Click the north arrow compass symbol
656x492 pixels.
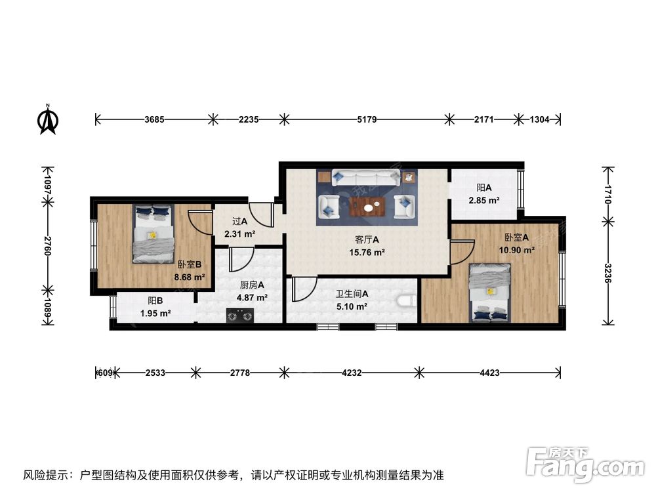point(48,119)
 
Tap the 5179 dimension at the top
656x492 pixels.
point(367,119)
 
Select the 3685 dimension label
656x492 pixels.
point(154,119)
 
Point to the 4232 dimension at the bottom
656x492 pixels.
point(352,373)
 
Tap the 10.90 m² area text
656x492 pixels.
point(517,250)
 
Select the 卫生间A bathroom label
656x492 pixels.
point(352,295)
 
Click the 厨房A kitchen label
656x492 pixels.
point(252,285)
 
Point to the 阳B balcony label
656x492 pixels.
point(155,300)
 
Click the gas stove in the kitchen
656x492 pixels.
point(239,317)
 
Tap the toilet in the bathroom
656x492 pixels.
point(407,301)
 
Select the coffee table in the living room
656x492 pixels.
point(366,207)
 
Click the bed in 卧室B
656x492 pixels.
point(153,234)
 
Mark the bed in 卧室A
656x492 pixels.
point(490,293)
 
